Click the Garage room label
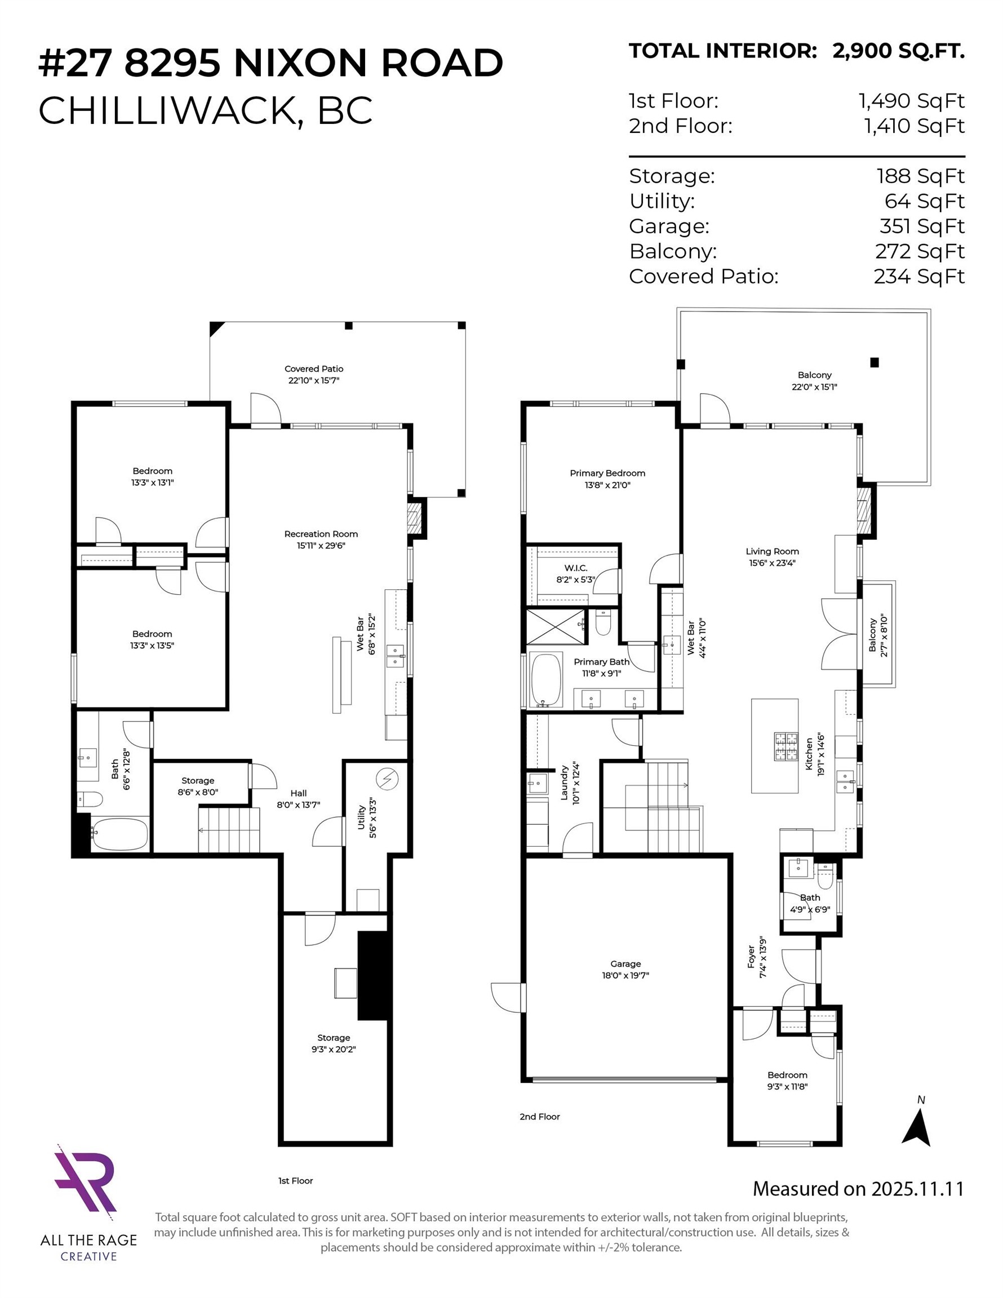click(x=625, y=963)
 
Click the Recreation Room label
click(x=321, y=534)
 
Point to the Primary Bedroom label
click(x=607, y=473)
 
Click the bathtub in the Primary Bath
click(x=546, y=680)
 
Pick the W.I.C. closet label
click(x=575, y=568)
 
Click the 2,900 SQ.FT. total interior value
click(x=898, y=51)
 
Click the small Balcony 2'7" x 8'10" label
click(x=873, y=635)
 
